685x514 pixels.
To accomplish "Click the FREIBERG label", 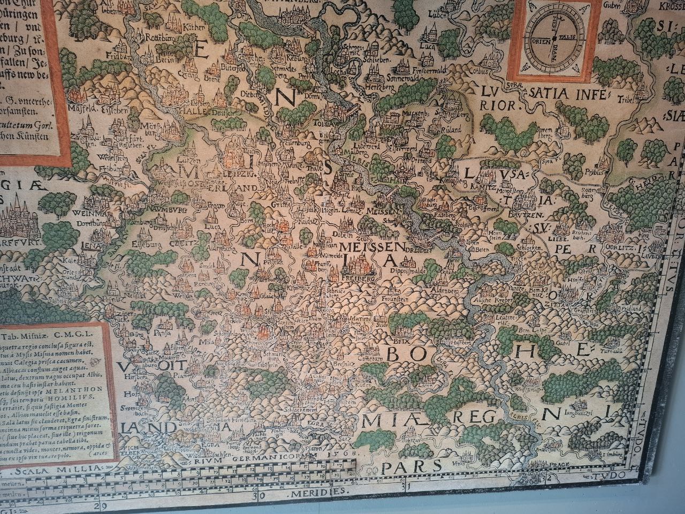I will click(359, 279).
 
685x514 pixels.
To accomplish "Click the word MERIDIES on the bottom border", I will click(317, 490).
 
